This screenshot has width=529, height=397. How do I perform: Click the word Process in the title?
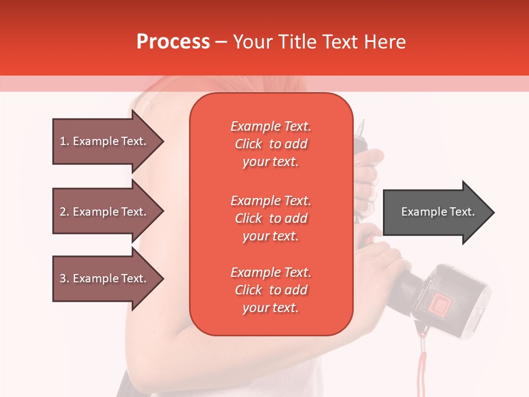[173, 42]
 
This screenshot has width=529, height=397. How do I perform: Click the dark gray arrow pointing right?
[438, 212]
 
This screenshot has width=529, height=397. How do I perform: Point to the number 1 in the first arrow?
[63, 141]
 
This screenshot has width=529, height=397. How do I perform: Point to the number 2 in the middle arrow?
[63, 212]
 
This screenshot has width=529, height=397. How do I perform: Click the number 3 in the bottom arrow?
[63, 278]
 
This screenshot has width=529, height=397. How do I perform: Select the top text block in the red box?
[271, 144]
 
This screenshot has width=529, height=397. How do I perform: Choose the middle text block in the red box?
[271, 218]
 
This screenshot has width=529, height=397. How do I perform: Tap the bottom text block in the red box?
[271, 290]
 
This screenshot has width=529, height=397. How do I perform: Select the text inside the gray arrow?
[438, 212]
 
